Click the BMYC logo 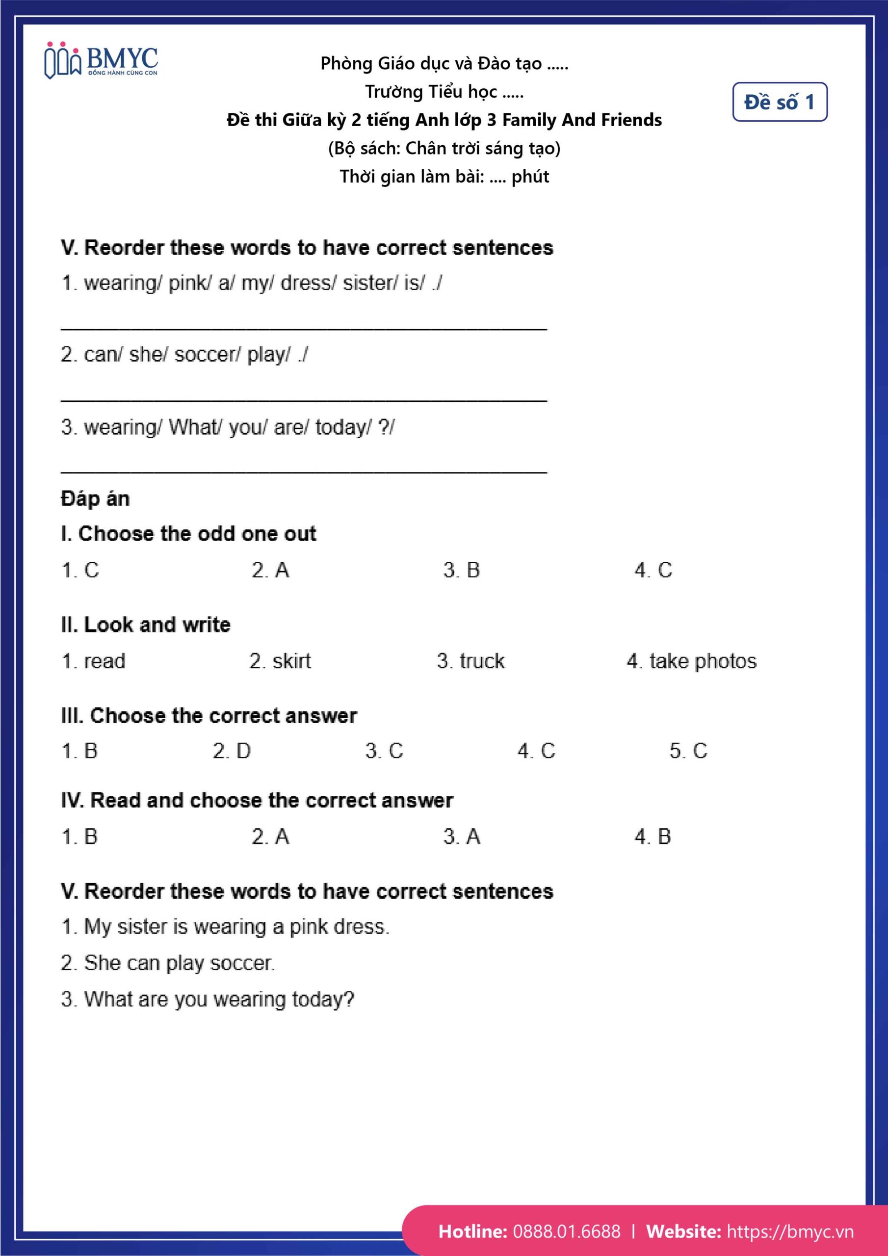[x=101, y=60]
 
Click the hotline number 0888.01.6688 [x=566, y=1231]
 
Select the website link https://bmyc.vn [x=789, y=1231]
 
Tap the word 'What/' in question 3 [x=195, y=427]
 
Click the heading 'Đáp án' [x=95, y=498]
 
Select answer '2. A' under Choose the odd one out [x=270, y=570]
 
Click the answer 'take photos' [x=703, y=661]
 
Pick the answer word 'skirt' [x=291, y=661]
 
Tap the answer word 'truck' [x=481, y=661]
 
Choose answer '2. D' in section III [x=232, y=751]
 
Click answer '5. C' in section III [x=688, y=751]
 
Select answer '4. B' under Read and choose [x=652, y=837]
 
